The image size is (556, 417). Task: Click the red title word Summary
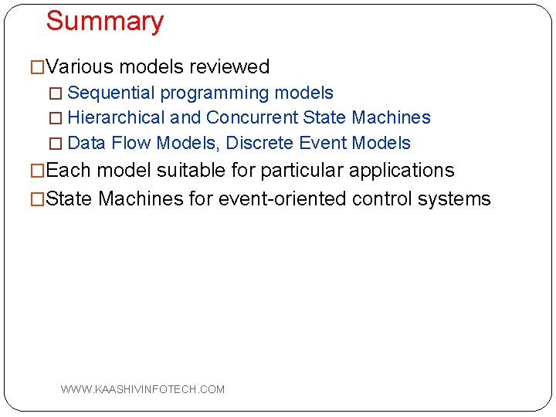point(104,22)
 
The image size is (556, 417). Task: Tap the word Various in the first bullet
point(79,67)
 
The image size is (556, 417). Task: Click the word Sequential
point(111,93)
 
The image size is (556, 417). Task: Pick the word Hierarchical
point(117,118)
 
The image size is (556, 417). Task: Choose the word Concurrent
point(253,118)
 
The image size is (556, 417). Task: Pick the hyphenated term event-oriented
point(283,198)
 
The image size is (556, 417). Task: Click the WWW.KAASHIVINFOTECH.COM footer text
point(143,389)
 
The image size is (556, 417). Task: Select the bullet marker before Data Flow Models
point(54,144)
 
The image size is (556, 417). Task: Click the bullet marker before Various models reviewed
point(37,68)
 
